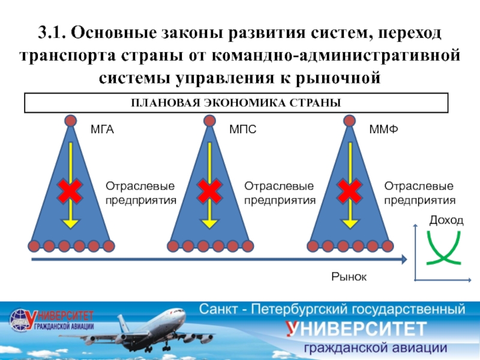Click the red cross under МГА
point(71,191)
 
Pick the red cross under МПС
point(210,191)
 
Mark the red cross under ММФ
point(349,191)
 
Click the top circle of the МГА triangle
point(71,121)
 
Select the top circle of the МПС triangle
point(210,121)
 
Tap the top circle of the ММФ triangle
point(349,121)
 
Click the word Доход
point(446,221)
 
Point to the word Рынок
point(349,276)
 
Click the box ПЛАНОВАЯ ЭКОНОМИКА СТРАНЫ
point(236,103)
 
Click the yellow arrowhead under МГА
point(71,223)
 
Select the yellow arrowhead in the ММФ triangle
point(349,223)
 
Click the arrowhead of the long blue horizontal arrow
point(405,260)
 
